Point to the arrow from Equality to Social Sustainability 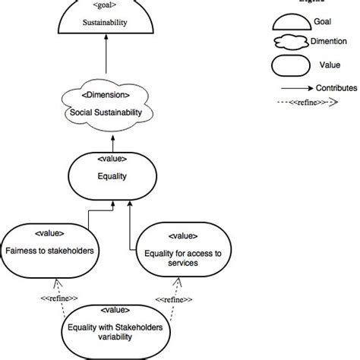tap(113, 142)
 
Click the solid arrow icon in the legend tap(296, 88)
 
